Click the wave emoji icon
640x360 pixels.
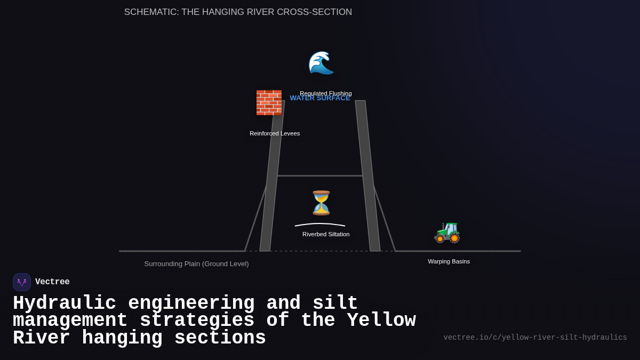click(x=321, y=63)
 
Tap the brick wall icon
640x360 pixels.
click(x=269, y=102)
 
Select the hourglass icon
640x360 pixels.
click(x=321, y=203)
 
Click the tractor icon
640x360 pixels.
click(x=447, y=232)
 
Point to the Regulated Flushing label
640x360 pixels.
click(x=325, y=93)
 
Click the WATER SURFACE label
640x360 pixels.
click(x=320, y=99)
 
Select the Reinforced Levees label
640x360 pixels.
click(x=275, y=133)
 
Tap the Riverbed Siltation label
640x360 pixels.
click(x=326, y=234)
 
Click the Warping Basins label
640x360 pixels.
click(x=449, y=261)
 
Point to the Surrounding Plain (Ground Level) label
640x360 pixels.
click(x=196, y=263)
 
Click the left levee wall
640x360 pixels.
click(x=272, y=176)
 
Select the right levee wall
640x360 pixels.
click(x=368, y=176)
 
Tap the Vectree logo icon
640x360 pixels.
click(x=22, y=282)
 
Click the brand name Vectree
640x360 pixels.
click(x=52, y=282)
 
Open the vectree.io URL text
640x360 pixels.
click(x=535, y=338)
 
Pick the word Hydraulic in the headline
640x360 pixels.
click(x=65, y=303)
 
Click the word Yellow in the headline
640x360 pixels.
click(x=381, y=321)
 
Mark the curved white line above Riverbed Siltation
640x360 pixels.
click(x=320, y=225)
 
